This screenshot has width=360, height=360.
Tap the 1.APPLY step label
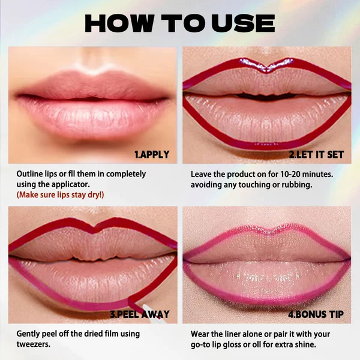(152, 155)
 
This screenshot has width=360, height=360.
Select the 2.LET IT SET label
(316, 155)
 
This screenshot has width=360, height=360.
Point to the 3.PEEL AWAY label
(140, 314)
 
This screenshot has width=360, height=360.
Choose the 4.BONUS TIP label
(316, 314)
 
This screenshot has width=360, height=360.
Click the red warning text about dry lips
(60, 195)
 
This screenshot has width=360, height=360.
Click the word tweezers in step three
(32, 344)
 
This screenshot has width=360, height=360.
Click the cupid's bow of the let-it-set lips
(266, 69)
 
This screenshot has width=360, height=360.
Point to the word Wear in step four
(200, 334)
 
